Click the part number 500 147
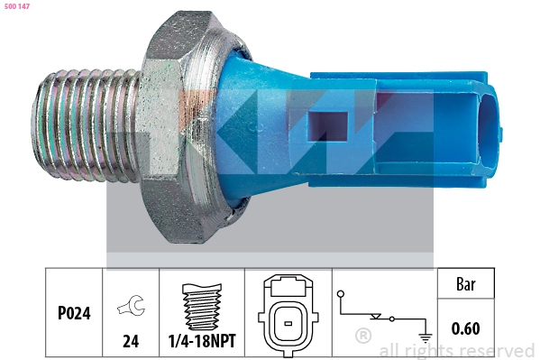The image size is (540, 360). tap(17, 6)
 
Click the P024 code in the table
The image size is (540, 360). tap(74, 313)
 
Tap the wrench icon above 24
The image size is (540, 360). tap(132, 305)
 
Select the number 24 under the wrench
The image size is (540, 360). tap(131, 341)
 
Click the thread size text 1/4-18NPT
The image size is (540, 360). tap(202, 341)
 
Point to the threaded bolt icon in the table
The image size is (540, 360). tap(202, 306)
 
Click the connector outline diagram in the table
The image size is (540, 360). tap(288, 315)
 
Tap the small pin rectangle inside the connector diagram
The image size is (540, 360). tap(288, 323)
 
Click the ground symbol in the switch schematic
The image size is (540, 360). tap(426, 338)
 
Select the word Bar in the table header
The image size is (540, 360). tap(465, 284)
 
